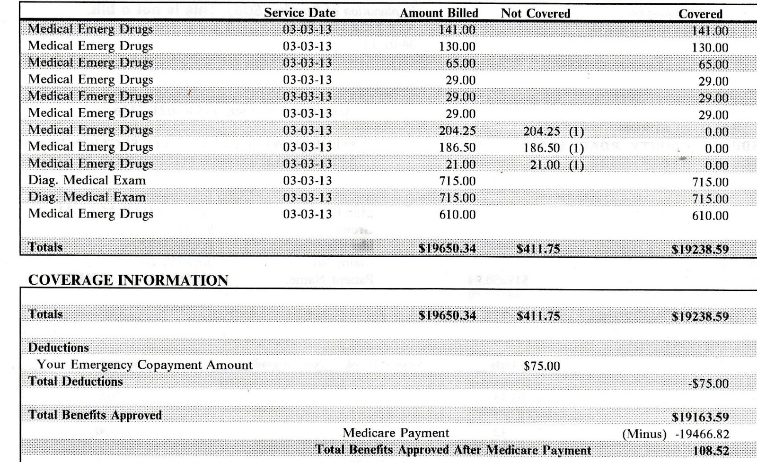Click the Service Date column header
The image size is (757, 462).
(299, 13)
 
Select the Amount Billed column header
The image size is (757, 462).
(439, 13)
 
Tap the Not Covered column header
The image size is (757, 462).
(535, 14)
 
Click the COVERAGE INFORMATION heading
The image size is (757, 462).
(128, 280)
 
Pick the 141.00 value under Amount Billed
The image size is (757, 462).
(457, 30)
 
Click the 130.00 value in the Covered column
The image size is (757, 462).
(710, 48)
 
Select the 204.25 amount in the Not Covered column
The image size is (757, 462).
(541, 131)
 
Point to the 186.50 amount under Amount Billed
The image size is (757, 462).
(457, 148)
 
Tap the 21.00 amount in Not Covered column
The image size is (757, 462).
(545, 165)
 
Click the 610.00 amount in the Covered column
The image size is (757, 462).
(710, 216)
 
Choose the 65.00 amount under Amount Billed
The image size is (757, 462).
(460, 63)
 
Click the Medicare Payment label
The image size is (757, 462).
(396, 433)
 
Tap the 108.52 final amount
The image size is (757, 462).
(711, 451)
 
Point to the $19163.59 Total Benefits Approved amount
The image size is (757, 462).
(700, 417)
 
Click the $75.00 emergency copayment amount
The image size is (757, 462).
(542, 366)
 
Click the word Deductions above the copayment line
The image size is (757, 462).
(59, 348)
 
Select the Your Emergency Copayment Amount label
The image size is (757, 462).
(145, 365)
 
